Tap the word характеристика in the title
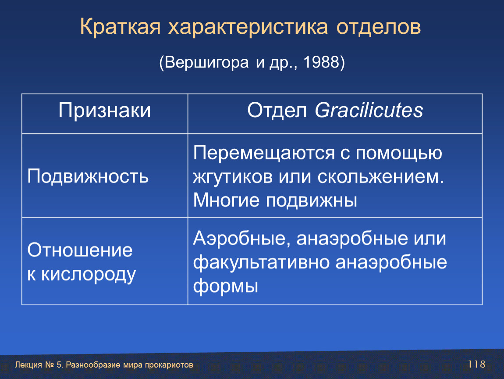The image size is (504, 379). [248, 27]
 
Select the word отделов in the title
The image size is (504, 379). [379, 27]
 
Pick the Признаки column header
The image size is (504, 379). [104, 111]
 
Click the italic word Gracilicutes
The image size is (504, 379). [369, 111]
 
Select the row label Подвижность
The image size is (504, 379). [88, 177]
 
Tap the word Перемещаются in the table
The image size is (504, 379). [263, 153]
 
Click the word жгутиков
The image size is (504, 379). [233, 177]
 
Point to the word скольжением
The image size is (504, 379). [380, 177]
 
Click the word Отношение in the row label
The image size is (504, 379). [80, 250]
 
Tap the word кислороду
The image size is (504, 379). [89, 275]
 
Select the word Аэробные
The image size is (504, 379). [241, 239]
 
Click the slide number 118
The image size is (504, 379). [476, 364]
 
